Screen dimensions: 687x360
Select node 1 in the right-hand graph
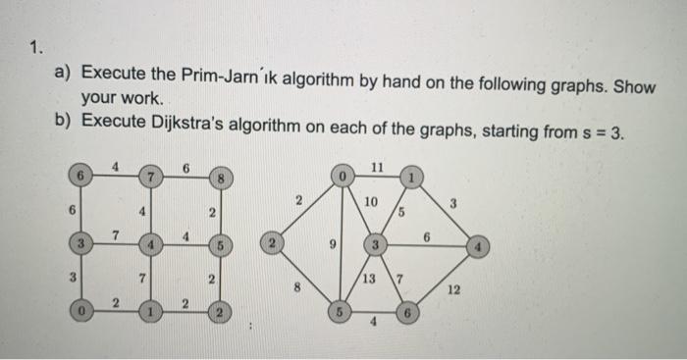(413, 178)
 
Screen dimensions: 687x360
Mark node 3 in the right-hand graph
(373, 242)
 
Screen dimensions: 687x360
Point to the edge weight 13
(367, 278)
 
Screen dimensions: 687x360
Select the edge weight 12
(452, 290)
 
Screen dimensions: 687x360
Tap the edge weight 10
(369, 202)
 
